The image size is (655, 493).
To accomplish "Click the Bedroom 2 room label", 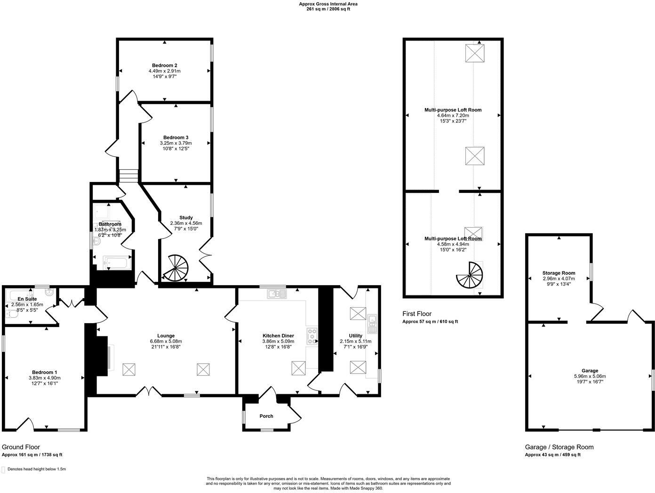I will pos(164,65).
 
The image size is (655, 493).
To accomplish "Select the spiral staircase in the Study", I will pos(176,267).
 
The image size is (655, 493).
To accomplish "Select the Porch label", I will pos(266,416).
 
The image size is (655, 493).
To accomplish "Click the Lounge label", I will pos(166,336).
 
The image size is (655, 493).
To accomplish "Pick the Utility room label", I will pos(355,336).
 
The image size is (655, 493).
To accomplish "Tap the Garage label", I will pos(590,371).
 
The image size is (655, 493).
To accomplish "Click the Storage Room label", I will pos(559,273).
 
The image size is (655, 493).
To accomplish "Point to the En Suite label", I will pos(27,299).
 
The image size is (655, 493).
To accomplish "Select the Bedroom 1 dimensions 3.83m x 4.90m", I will pos(45,378).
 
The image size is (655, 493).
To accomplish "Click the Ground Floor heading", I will pos(21,447).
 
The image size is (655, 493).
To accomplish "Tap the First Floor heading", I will pos(416,314).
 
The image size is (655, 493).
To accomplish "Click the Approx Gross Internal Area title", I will pos(328,4).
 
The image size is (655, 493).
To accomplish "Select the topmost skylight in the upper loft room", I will pos(475,53).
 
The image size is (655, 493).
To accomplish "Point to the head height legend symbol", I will pos(4,469).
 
